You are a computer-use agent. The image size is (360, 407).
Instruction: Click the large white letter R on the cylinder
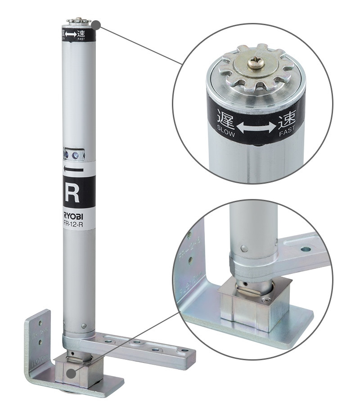(x=72, y=192)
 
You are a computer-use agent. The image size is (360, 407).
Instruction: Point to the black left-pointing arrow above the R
(x=74, y=170)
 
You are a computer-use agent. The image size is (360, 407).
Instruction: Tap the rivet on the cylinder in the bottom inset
(x=243, y=248)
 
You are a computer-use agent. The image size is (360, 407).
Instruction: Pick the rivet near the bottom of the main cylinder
(x=84, y=325)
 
